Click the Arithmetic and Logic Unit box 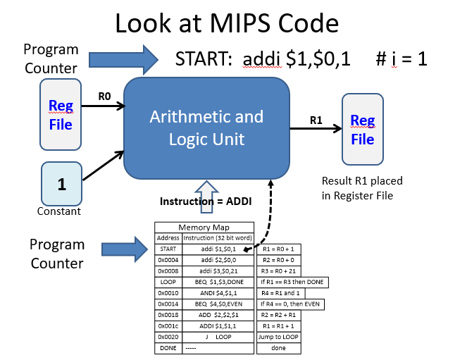(206, 128)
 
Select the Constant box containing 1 (62, 184)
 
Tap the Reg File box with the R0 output (61, 115)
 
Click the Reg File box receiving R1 (363, 129)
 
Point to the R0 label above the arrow (104, 97)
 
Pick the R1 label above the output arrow (316, 120)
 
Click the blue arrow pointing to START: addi (123, 60)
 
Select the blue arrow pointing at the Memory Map (125, 249)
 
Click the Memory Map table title (204, 228)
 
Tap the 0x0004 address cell (168, 260)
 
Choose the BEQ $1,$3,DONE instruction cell (218, 282)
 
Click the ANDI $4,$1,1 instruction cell (218, 293)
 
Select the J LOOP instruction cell (218, 337)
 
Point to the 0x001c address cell (168, 326)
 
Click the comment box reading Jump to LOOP (278, 337)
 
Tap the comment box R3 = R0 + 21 (278, 271)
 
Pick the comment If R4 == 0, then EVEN (290, 304)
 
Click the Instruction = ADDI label (206, 201)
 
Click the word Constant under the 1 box (59, 211)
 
